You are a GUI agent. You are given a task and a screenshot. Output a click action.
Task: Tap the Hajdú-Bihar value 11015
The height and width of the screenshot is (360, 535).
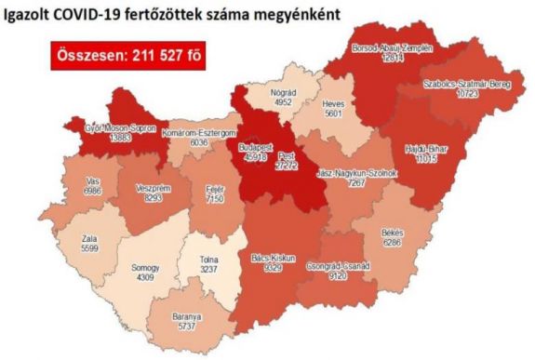click(423, 162)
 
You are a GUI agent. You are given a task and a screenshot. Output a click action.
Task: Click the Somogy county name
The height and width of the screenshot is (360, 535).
click(148, 265)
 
